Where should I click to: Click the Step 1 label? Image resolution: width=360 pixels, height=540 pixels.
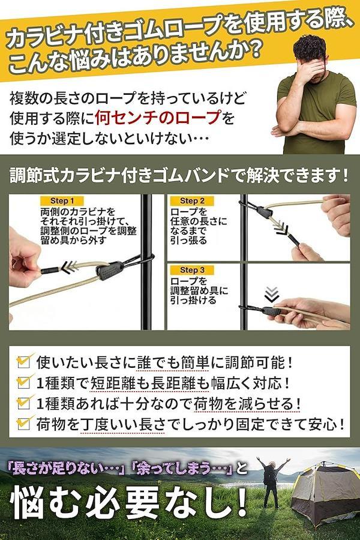click(x=62, y=201)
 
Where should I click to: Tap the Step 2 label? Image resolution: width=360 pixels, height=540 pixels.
click(x=192, y=201)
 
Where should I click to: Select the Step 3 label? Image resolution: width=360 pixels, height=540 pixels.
click(x=192, y=270)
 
